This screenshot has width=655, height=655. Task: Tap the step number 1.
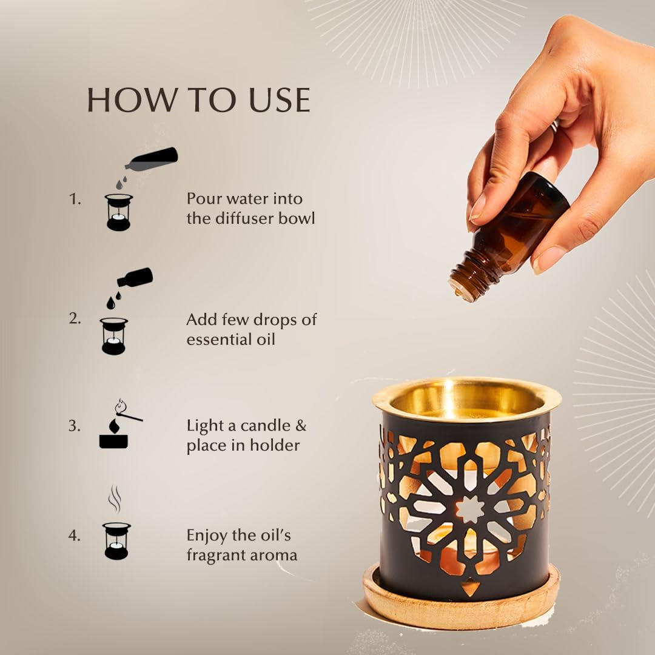coord(74,199)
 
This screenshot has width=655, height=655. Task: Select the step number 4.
coord(74,536)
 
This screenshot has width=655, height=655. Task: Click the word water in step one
coord(249,199)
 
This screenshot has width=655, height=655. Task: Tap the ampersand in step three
coord(301,426)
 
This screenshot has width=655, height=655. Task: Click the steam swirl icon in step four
coord(115,501)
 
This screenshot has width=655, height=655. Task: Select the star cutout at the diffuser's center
coord(469,509)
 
